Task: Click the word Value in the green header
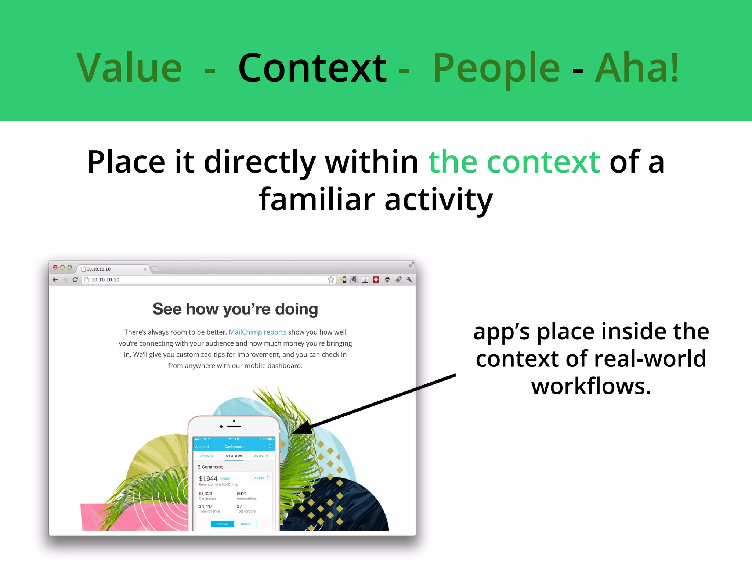pos(129,68)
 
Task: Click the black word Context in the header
pos(312,68)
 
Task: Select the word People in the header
pos(496,68)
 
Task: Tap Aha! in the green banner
pos(637,68)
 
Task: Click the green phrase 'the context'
pos(514,162)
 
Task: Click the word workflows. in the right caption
pos(591,386)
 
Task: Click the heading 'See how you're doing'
pos(235,309)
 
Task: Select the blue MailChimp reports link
pos(257,332)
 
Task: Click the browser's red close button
pos(55,267)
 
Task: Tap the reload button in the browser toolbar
pos(75,280)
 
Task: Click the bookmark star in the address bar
pos(331,280)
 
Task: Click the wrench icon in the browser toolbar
pos(409,280)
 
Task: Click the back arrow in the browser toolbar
pos(55,280)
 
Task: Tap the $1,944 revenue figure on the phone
pos(208,478)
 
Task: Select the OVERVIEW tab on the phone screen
pos(234,456)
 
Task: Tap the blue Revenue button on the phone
pos(223,524)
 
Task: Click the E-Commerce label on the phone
pos(210,467)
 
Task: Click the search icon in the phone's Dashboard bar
pos(270,446)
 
